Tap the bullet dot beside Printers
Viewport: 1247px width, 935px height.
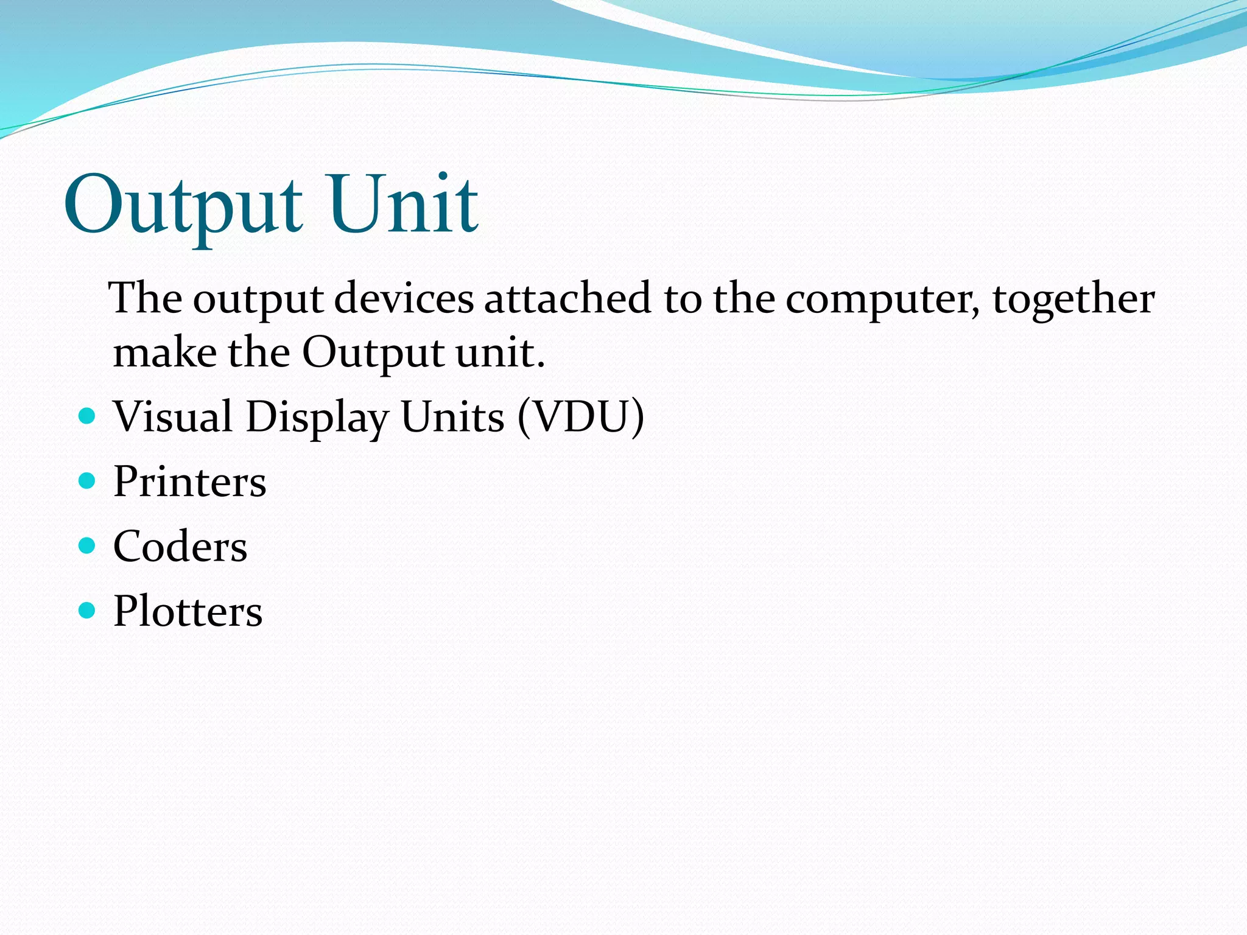(x=88, y=481)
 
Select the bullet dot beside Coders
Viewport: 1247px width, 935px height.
(x=88, y=545)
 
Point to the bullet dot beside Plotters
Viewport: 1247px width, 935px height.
(x=88, y=610)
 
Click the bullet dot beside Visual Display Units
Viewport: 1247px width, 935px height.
(x=88, y=416)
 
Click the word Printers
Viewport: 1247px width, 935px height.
(x=190, y=482)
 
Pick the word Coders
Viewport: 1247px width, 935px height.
(x=180, y=546)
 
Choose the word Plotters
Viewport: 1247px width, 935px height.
(x=188, y=611)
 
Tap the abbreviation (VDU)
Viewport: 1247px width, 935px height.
(x=581, y=417)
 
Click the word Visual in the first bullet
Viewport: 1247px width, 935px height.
(x=173, y=417)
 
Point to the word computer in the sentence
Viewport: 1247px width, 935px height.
(x=883, y=299)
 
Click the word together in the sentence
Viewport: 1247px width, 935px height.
(x=1073, y=299)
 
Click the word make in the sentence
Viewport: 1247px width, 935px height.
(x=165, y=352)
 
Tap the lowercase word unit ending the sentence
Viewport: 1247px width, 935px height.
(x=499, y=352)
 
